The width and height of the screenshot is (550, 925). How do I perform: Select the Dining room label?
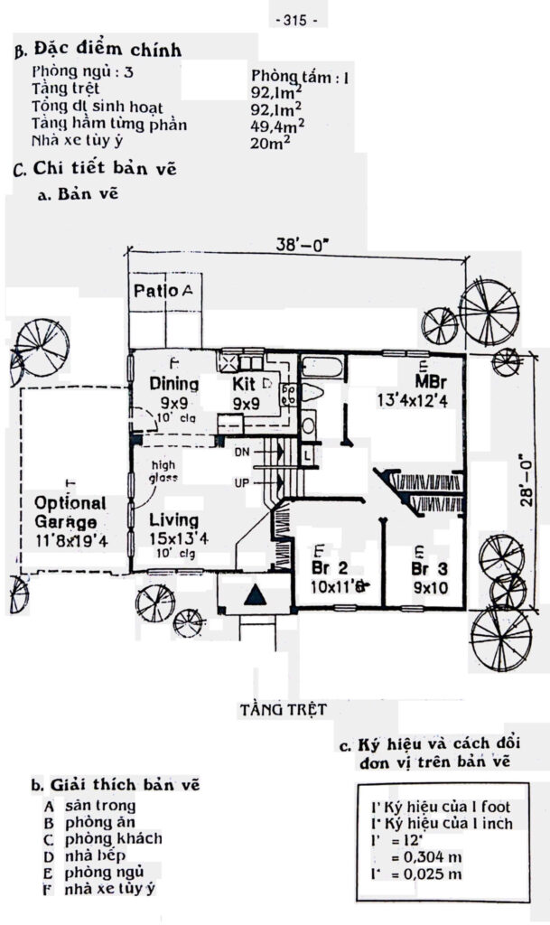(173, 383)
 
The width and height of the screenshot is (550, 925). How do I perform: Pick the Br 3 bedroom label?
(429, 569)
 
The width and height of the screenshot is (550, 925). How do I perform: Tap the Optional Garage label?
(70, 511)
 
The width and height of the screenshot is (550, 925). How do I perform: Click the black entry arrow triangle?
(256, 594)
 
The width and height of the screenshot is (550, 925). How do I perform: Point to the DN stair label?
(242, 450)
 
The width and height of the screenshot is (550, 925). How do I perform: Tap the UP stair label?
(242, 483)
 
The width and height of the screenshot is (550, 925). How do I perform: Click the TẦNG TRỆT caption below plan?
(283, 708)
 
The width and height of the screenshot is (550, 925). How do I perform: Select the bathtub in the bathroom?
(322, 369)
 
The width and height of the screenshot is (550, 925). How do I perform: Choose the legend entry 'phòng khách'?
(114, 838)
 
